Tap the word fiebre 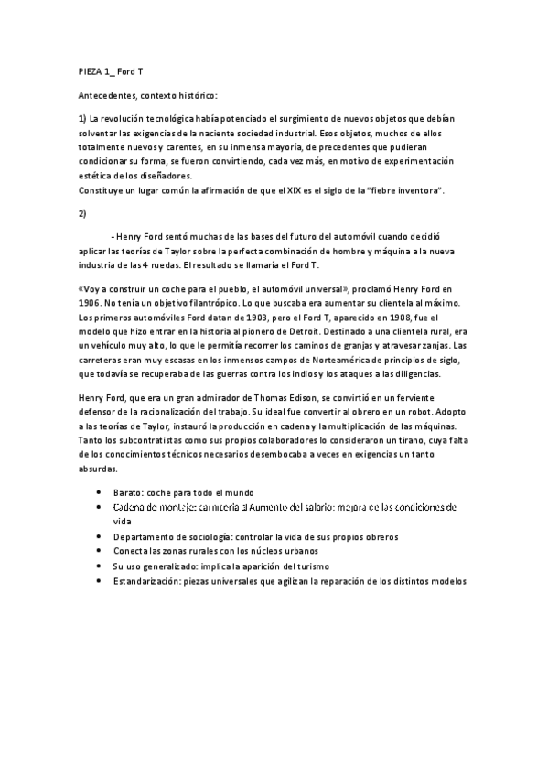(392, 189)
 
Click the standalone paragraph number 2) (82, 213)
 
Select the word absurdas (98, 469)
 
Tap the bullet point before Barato (100, 492)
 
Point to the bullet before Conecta (100, 551)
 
